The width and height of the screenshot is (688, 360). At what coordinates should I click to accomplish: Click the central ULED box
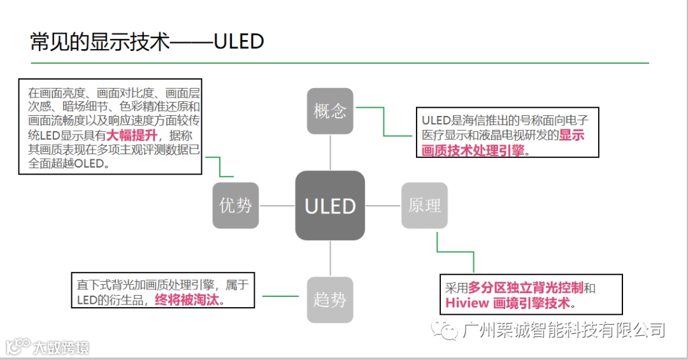(330, 206)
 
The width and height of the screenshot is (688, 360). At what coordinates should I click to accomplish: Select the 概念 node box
(330, 111)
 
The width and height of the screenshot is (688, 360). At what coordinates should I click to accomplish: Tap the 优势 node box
(236, 205)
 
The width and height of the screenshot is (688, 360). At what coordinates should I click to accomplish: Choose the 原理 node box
(424, 205)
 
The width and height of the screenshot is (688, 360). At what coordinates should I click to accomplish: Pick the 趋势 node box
(330, 299)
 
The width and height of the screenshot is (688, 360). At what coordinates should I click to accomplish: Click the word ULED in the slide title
(239, 41)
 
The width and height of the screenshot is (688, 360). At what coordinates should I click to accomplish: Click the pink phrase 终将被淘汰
(187, 300)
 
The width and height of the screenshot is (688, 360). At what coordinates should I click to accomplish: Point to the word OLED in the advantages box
(92, 163)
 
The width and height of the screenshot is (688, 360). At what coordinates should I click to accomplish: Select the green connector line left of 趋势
(280, 296)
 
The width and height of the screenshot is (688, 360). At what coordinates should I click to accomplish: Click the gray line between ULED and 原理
(383, 206)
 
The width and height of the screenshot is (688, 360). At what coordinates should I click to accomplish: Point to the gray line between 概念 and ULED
(330, 152)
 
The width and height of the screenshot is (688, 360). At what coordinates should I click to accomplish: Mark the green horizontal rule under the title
(340, 63)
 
